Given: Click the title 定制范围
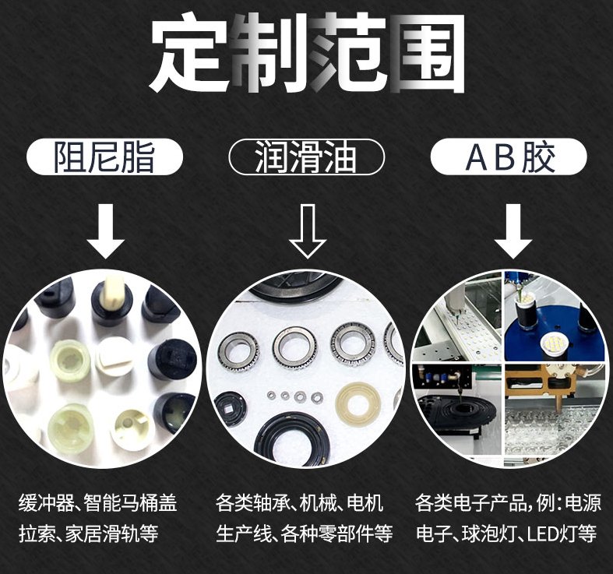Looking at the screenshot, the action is (308, 52).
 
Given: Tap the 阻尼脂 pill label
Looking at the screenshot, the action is (104, 157).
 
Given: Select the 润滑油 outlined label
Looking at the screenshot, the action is (307, 157).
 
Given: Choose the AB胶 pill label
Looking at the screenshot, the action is (509, 157).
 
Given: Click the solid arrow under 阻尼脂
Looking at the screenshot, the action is (106, 231).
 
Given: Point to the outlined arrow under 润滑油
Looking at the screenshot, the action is (308, 231).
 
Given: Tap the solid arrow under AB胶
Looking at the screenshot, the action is (513, 231).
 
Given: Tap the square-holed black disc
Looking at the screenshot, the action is (230, 410).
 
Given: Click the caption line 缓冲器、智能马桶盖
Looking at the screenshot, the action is (97, 503).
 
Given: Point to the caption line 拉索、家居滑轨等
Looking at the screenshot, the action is (89, 534).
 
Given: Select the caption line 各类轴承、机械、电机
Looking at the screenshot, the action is (298, 503).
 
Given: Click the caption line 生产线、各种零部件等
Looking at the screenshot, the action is (304, 534).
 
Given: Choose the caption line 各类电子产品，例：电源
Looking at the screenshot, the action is (508, 503).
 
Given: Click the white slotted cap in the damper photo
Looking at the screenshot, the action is (114, 355).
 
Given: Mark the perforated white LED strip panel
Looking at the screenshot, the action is (474, 336).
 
